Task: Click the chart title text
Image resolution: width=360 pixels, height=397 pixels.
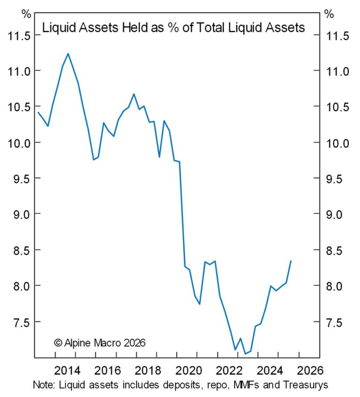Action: tap(173, 28)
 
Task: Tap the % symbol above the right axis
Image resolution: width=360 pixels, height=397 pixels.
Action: tap(329, 14)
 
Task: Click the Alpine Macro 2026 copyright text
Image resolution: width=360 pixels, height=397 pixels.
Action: tap(100, 343)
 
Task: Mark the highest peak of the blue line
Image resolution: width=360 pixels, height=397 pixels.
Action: tap(68, 53)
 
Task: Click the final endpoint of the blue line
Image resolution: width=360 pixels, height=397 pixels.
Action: tap(291, 261)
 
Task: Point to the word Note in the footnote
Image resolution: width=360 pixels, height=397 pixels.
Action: tap(43, 385)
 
